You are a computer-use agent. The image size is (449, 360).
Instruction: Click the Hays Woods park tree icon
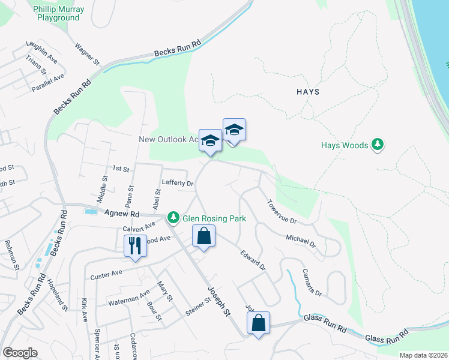click(378, 145)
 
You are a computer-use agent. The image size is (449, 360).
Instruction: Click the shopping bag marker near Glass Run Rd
click(258, 323)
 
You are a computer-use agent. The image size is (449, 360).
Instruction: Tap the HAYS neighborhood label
click(308, 92)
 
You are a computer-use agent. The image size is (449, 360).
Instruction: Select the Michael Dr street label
click(301, 241)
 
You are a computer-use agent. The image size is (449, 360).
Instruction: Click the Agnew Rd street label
click(122, 213)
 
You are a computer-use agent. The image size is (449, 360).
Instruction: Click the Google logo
click(20, 353)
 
